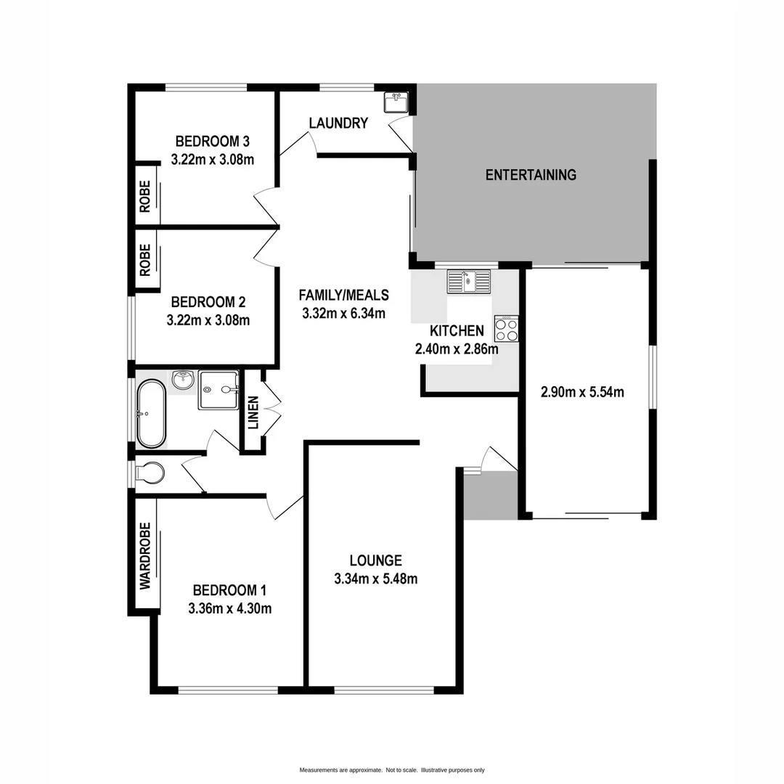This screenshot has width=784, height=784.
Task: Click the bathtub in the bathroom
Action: click(x=151, y=414)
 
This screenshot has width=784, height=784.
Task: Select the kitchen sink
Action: click(x=469, y=280)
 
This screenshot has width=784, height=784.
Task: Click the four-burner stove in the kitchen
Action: click(x=506, y=329)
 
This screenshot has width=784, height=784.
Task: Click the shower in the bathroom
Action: click(x=219, y=390)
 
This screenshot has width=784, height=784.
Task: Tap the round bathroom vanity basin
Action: click(x=182, y=378)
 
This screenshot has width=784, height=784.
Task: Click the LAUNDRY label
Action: click(x=338, y=123)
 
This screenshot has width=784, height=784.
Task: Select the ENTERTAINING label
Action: click(x=531, y=175)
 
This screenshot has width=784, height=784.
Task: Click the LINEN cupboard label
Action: click(x=253, y=412)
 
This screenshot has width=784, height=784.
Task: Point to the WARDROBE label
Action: click(x=144, y=555)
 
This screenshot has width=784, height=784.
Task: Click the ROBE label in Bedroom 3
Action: click(x=144, y=196)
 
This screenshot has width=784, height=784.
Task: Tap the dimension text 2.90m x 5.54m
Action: click(x=582, y=393)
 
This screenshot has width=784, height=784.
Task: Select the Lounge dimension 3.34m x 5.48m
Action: click(x=375, y=579)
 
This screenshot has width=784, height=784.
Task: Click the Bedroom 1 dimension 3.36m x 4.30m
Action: click(x=229, y=608)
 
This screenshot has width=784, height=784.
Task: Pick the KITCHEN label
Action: click(x=457, y=331)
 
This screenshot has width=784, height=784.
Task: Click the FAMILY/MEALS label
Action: click(x=344, y=295)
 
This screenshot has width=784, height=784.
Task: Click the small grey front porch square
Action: click(x=490, y=495)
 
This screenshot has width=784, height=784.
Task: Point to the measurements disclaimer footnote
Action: click(x=392, y=769)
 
